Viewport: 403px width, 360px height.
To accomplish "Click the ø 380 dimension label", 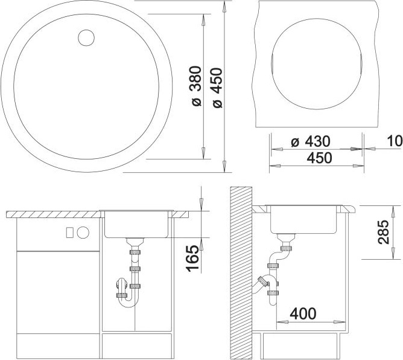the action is (196, 86).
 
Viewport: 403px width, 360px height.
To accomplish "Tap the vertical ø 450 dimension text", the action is (217, 88).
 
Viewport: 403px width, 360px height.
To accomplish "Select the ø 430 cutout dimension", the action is (311, 141).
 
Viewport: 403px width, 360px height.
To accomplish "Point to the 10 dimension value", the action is (395, 141).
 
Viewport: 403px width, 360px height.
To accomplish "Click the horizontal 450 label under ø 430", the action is (320, 158).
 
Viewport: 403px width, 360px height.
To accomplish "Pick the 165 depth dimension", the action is (193, 259).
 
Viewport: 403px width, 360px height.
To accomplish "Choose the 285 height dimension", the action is (383, 232).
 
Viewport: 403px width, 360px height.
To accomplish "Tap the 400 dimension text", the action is (303, 313).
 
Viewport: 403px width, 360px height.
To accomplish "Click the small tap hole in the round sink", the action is (86, 38).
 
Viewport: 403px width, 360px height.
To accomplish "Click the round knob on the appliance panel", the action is (83, 233).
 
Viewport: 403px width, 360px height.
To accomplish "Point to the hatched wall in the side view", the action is (241, 273).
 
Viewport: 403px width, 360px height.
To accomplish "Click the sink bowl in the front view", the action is (136, 224).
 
